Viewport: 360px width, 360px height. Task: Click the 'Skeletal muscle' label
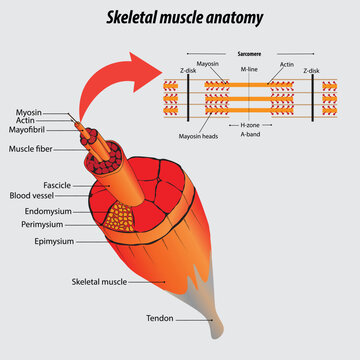[x=100, y=283]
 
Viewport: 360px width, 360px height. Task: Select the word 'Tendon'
[x=160, y=319]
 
